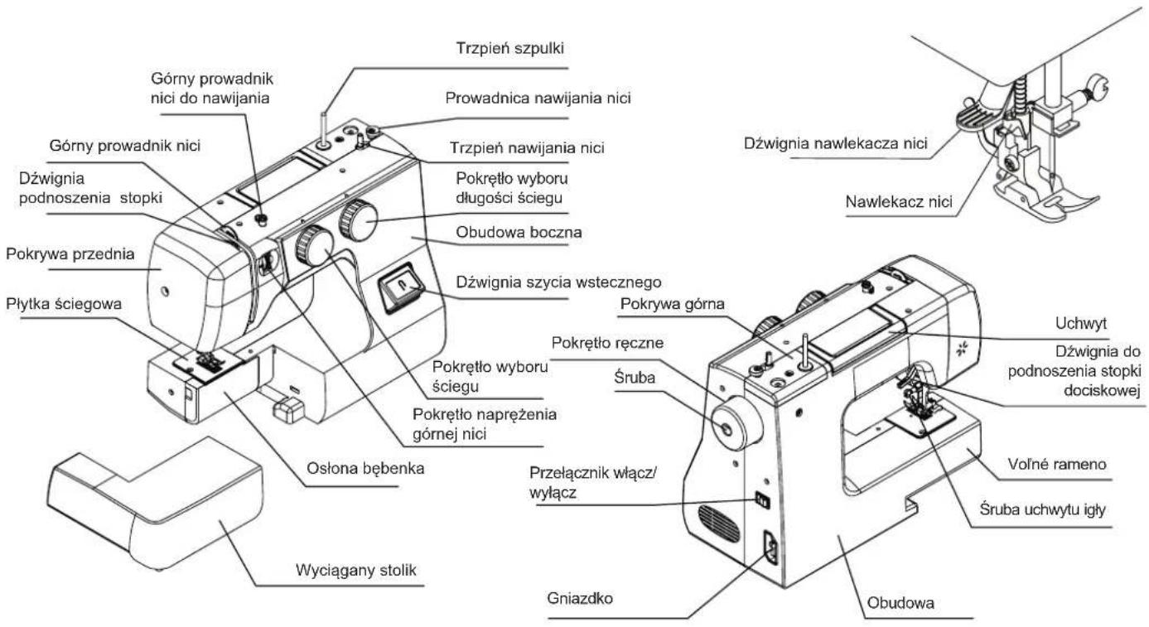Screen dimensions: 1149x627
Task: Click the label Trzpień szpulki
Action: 509,48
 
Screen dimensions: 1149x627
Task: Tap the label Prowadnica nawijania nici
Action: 538,98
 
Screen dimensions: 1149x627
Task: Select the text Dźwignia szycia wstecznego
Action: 558,282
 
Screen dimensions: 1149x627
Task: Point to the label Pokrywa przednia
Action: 70,254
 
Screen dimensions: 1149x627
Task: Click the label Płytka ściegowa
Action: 64,304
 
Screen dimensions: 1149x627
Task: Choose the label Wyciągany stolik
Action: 356,570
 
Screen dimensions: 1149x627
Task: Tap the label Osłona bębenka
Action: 365,468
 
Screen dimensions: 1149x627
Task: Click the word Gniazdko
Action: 580,598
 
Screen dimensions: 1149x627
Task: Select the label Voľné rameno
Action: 1057,465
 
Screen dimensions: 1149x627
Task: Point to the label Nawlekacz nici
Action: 899,201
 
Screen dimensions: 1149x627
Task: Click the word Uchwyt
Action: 1081,324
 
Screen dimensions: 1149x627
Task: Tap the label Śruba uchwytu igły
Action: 1042,509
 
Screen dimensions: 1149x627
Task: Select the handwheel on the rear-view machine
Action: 735,423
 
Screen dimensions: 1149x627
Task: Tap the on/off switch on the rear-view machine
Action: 762,499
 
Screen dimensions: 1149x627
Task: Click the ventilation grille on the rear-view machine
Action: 718,523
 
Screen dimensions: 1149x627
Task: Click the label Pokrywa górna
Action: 672,304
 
